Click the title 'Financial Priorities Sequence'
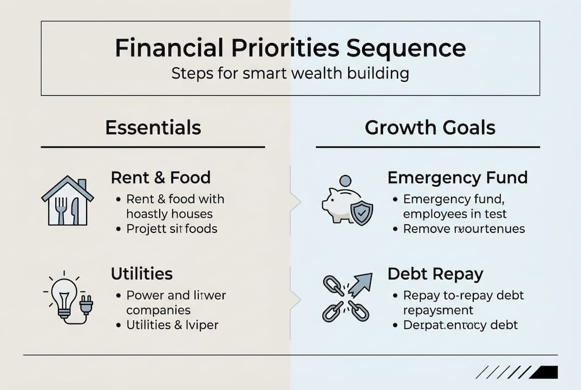pyautogui.click(x=290, y=48)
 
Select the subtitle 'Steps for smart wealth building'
pyautogui.click(x=290, y=73)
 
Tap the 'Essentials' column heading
pyautogui.click(x=153, y=128)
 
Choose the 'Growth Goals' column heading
pyautogui.click(x=430, y=128)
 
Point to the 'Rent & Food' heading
pyautogui.click(x=160, y=178)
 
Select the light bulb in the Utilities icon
pyautogui.click(x=64, y=295)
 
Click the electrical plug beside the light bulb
pyautogui.click(x=86, y=305)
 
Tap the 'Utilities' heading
pyautogui.click(x=141, y=274)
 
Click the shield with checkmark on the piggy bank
pyautogui.click(x=361, y=213)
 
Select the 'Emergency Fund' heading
pyautogui.click(x=458, y=178)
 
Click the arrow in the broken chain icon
pyautogui.click(x=361, y=284)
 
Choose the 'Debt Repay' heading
pyautogui.click(x=435, y=274)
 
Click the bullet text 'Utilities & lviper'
pyautogui.click(x=172, y=325)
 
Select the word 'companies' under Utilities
pyautogui.click(x=158, y=310)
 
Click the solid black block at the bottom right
pyautogui.click(x=545, y=372)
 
